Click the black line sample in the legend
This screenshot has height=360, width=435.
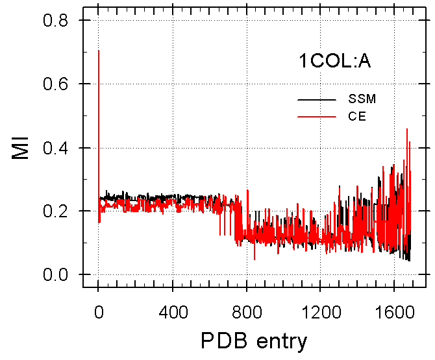(x=317, y=100)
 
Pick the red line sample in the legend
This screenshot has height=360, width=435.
(x=317, y=117)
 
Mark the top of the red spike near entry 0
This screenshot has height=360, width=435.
(x=98, y=51)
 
